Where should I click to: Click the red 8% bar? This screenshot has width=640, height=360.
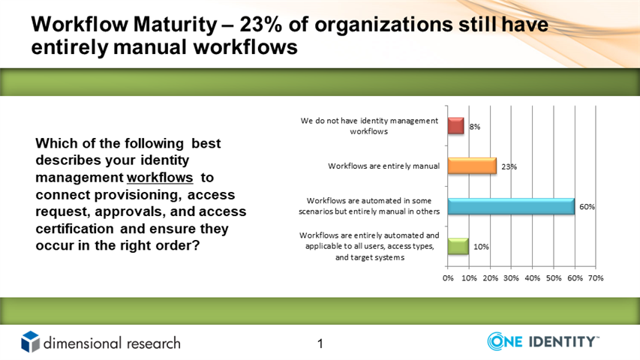456,126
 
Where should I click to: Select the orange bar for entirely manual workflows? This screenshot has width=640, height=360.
472,166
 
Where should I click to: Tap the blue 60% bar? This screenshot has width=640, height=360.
511,206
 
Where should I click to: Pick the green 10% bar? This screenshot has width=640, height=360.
458,246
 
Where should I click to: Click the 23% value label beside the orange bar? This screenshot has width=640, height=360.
509,166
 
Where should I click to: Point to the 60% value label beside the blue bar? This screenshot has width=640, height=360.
587,206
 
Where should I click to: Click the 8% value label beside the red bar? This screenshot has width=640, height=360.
475,127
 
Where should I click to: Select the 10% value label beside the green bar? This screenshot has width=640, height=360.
481,247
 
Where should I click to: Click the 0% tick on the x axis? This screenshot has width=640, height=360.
448,278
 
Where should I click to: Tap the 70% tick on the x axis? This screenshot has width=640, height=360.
596,278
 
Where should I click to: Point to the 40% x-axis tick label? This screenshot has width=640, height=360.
532,278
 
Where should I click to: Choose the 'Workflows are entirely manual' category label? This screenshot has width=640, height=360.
383,166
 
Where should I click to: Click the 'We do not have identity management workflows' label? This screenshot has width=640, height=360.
369,126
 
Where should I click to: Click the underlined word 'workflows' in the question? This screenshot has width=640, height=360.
160,178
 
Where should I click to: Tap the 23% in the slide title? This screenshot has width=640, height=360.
260,25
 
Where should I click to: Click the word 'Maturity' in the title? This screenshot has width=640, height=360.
175,25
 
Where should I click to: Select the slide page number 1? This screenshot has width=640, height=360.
320,343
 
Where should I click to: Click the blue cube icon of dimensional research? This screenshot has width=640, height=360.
31,342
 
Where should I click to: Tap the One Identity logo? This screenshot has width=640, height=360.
543,341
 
